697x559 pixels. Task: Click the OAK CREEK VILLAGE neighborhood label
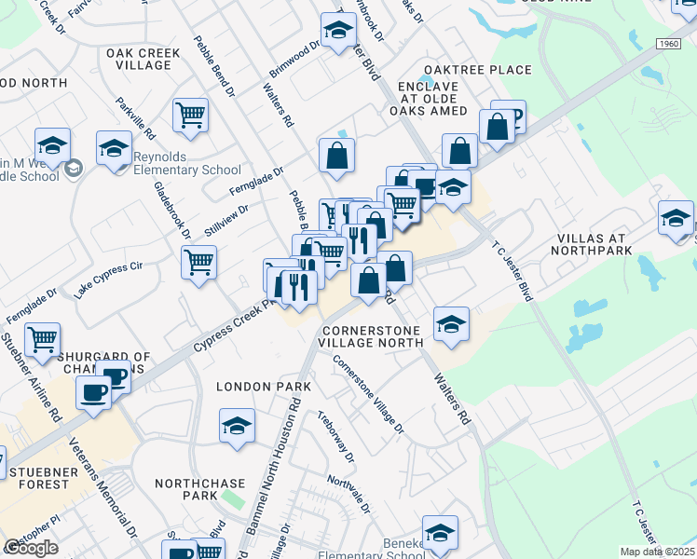pyautogui.click(x=143, y=60)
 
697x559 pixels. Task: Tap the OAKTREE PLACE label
pyautogui.click(x=477, y=70)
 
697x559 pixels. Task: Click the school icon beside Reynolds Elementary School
pyautogui.click(x=115, y=148)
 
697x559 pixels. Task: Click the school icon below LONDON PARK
pyautogui.click(x=238, y=427)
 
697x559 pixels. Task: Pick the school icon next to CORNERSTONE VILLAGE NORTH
pyautogui.click(x=452, y=323)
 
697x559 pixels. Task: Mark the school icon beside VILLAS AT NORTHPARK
pyautogui.click(x=676, y=218)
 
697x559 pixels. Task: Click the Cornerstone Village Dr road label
pyautogui.click(x=369, y=396)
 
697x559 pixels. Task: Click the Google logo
pyautogui.click(x=31, y=548)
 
